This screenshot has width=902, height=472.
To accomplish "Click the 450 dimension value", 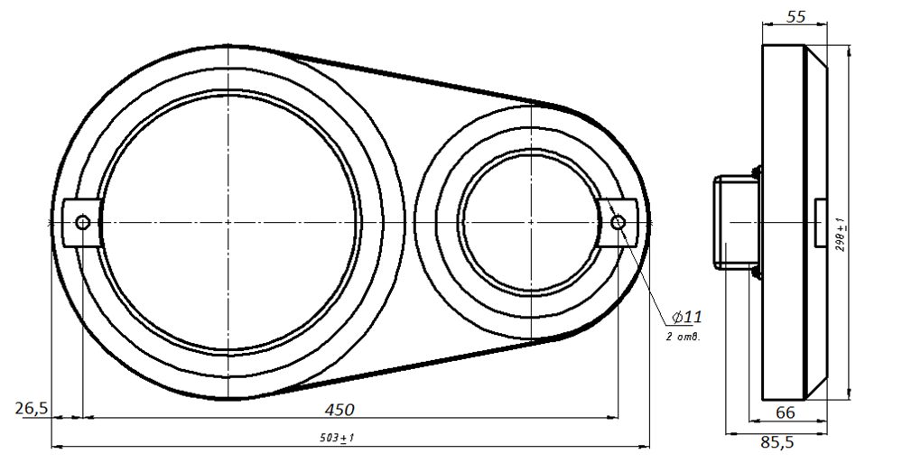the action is pos(339,410).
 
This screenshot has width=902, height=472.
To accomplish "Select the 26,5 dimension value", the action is pos(31,408).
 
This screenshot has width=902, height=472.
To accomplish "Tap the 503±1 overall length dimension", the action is pos(337,438).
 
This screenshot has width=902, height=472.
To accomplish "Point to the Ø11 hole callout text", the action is pos(687,317).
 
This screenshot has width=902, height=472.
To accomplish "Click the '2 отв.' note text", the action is pos(683,338).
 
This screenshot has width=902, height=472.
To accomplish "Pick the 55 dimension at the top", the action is pos(795,16).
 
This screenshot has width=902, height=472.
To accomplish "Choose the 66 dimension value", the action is pos(786,412).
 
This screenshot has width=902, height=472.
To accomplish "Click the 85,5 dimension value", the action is pos(777,442).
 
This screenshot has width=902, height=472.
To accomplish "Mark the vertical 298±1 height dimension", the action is pos(842,236).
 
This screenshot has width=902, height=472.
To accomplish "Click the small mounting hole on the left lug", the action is pos(83,223).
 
